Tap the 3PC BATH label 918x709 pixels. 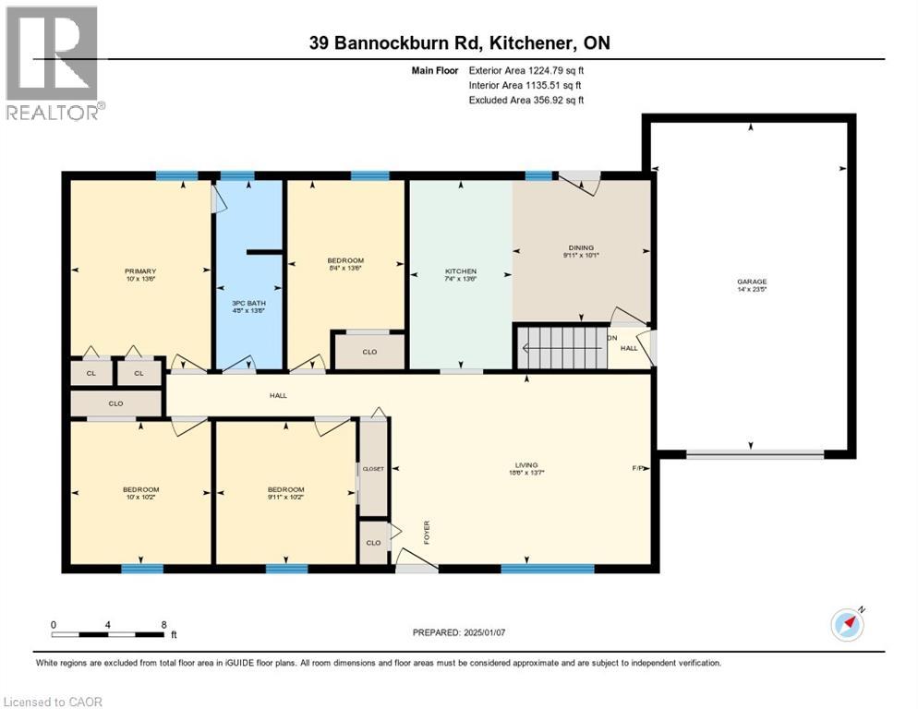[x=248, y=305]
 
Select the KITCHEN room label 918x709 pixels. [x=460, y=270]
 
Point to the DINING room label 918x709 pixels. [x=580, y=247]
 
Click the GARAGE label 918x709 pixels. [x=751, y=282]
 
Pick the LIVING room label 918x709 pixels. [x=526, y=465]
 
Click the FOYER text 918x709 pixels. [x=428, y=533]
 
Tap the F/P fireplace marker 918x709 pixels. [x=637, y=468]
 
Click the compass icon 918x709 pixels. [x=847, y=625]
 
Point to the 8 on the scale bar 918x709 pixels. [x=163, y=624]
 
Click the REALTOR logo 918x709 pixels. [x=54, y=63]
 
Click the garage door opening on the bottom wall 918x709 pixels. [x=755, y=453]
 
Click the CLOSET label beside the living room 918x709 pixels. [x=373, y=469]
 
